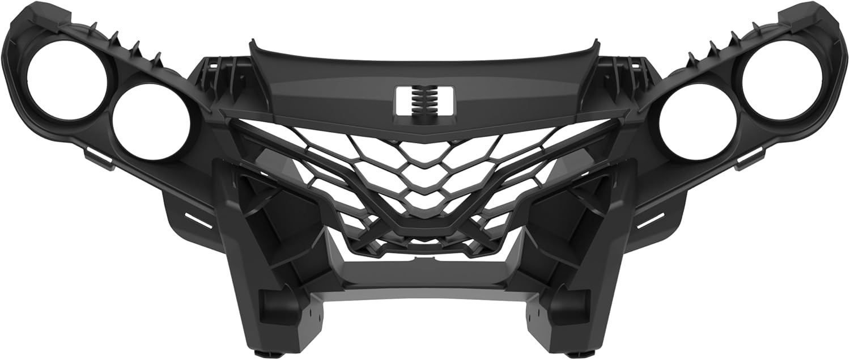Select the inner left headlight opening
tap(151, 122)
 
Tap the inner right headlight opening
tap(698, 121)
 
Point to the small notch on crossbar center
tap(425, 260)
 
